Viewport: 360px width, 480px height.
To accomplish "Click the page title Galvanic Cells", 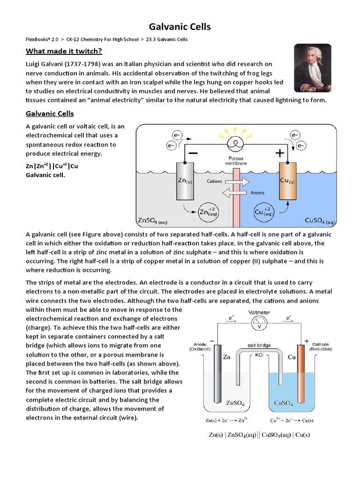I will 180,27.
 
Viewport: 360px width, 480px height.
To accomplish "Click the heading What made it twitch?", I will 63,51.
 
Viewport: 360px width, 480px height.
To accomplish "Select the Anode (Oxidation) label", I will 199,346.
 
